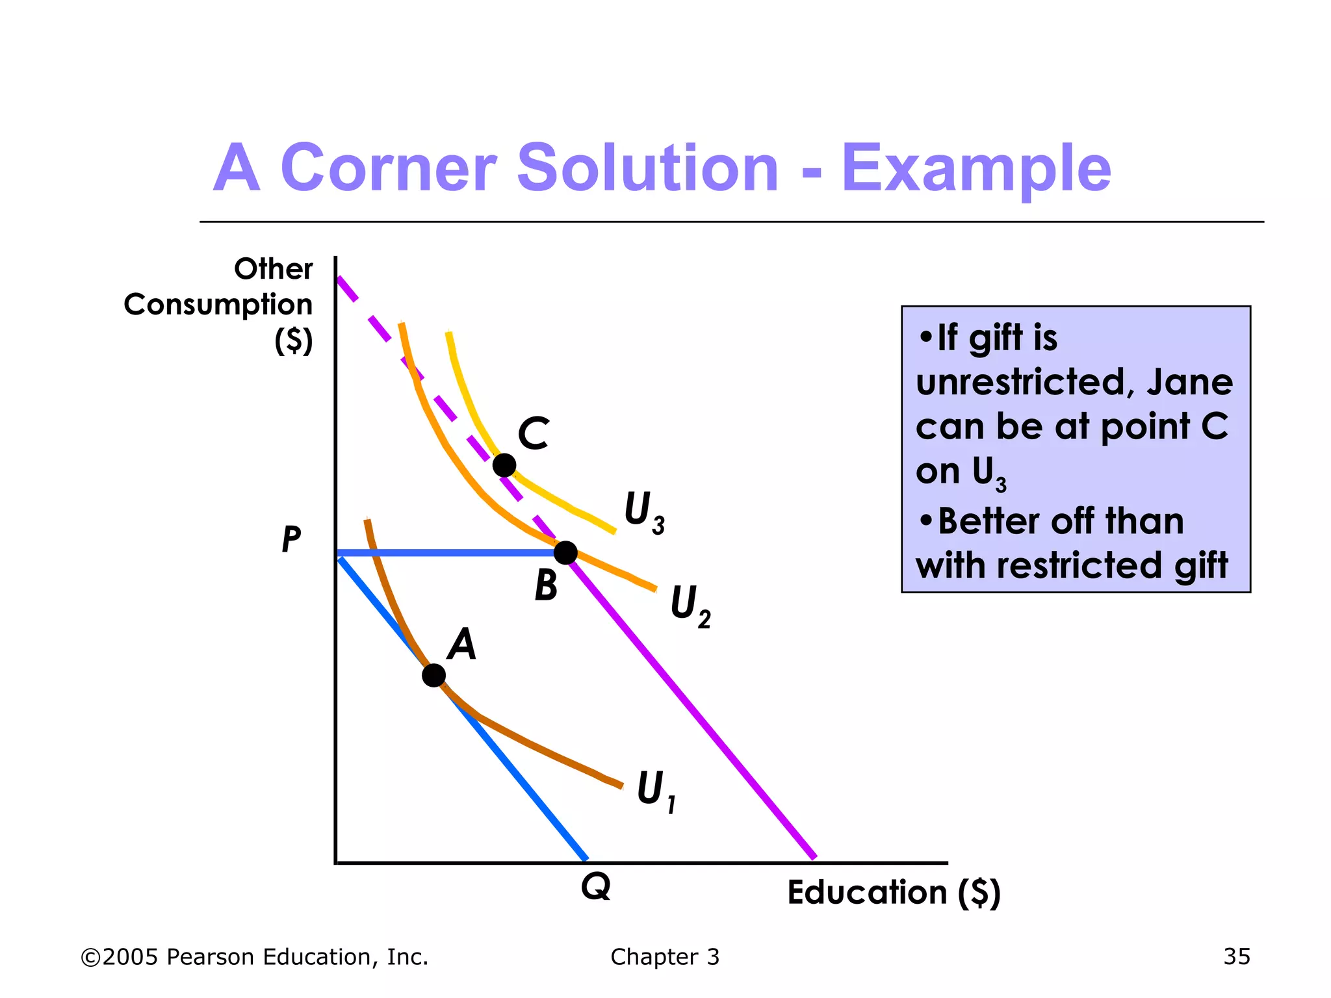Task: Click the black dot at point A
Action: coord(433,675)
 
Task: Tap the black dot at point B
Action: coord(565,553)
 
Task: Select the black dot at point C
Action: coord(504,465)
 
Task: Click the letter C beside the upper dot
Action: coord(534,434)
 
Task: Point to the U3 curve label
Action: coord(643,513)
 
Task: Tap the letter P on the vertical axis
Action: coord(291,539)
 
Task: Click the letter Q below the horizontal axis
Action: coord(596,886)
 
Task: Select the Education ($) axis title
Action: coord(894,892)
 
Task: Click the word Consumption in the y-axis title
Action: coord(218,304)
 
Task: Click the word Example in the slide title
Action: coord(976,168)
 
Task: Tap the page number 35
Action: coord(1237,956)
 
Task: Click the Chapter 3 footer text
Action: coord(665,956)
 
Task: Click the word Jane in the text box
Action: coord(1189,381)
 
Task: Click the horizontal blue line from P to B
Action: coord(448,553)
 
